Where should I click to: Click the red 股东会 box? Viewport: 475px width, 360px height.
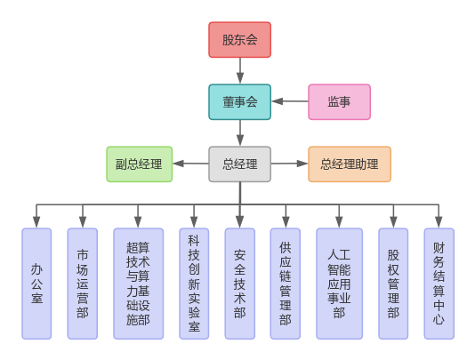[x=239, y=40]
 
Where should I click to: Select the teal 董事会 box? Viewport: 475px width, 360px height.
[x=239, y=102]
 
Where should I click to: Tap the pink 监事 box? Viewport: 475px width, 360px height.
[x=339, y=102]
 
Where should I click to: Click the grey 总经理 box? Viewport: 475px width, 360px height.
[x=239, y=164]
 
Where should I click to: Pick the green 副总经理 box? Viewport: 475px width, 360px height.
[x=140, y=164]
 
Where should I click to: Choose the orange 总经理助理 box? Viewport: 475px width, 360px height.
[x=349, y=164]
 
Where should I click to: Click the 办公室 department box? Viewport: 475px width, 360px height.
[x=36, y=284]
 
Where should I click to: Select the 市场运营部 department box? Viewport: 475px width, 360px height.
[x=83, y=284]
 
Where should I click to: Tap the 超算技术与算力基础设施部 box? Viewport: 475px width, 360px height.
[x=138, y=284]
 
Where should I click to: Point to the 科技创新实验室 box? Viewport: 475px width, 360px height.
[x=193, y=284]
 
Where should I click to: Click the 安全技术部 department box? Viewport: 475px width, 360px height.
[x=239, y=284]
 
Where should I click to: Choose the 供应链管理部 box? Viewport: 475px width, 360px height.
[x=286, y=284]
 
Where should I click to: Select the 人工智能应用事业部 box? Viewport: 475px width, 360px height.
[x=339, y=284]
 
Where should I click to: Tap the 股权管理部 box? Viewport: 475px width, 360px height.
[x=393, y=284]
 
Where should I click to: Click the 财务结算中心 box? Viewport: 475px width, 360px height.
[x=439, y=284]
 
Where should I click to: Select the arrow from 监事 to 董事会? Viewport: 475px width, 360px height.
[x=289, y=102]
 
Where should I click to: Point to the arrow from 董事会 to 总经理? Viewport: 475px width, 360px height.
[x=239, y=133]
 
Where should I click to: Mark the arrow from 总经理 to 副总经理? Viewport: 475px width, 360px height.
[x=191, y=164]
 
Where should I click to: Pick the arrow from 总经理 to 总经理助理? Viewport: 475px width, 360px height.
[x=289, y=164]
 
